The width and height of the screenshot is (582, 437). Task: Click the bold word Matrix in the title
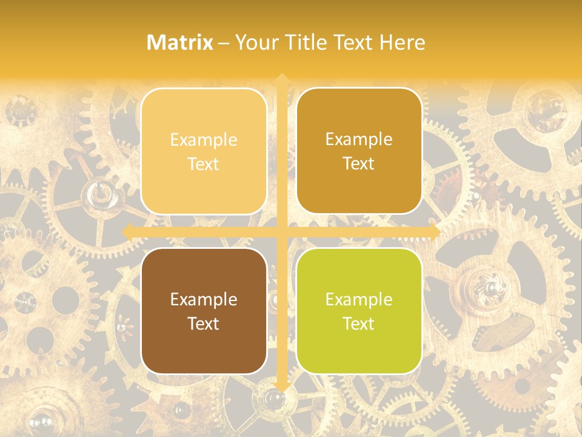(180, 42)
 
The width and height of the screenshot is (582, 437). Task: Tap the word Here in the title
(403, 42)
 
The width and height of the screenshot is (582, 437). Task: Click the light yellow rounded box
(204, 151)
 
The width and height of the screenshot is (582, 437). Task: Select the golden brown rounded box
(359, 151)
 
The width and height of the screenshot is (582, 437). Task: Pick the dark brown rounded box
(204, 311)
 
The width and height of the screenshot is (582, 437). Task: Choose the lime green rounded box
(359, 311)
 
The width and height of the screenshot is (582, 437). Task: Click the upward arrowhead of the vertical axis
(281, 80)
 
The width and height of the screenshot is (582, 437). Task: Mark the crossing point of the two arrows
(281, 232)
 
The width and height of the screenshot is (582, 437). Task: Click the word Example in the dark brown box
(204, 299)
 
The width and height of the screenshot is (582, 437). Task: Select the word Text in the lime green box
(359, 324)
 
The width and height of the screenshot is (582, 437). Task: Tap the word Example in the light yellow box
(204, 140)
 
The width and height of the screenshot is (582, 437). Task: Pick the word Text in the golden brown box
(359, 164)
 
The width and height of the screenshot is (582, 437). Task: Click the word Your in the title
(255, 42)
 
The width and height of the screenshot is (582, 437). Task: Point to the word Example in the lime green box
(359, 299)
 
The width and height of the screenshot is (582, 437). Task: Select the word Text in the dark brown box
(204, 324)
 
